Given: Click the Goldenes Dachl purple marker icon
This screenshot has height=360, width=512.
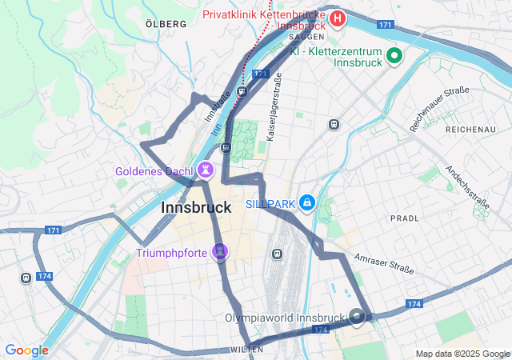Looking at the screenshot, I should [206, 170].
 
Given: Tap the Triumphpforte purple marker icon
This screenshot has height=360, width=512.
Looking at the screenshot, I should [220, 253].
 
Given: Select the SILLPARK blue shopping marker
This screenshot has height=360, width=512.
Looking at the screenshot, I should [306, 204].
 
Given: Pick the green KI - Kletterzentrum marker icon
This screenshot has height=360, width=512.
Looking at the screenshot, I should [394, 55].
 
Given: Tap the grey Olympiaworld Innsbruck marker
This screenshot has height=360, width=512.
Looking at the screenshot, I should [357, 317].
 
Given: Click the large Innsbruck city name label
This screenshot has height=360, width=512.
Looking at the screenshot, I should [197, 207].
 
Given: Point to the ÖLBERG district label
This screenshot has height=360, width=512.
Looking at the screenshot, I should [166, 24].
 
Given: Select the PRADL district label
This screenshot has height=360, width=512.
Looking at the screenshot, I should [404, 218].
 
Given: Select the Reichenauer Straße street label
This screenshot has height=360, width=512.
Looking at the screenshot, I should [439, 109].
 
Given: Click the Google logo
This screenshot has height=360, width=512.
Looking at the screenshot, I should [26, 350].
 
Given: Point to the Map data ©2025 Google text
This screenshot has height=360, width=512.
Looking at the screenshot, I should [462, 354].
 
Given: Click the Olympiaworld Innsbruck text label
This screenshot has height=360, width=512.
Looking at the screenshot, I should [296, 318].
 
